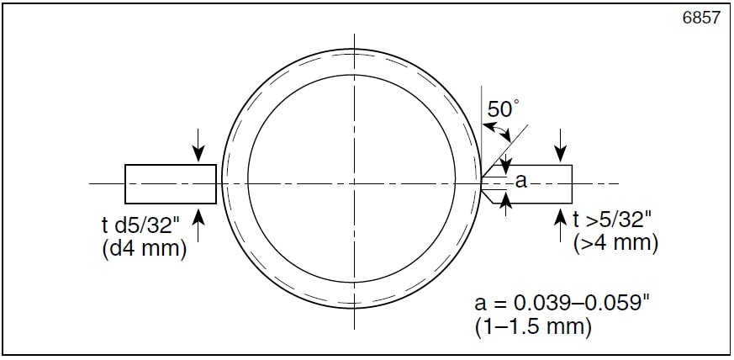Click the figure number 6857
pos(703,18)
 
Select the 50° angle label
pos(504,109)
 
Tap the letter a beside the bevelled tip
pos(520,180)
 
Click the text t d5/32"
pos(142,225)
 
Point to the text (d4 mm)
pos(142,248)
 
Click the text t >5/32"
pos(612,220)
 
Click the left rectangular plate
pos(171,183)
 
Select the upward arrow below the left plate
pos(198,216)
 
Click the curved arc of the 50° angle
pos(496,130)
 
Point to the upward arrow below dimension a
pos(504,202)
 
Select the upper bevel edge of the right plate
pos(488,171)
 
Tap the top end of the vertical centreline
pos(354,36)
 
